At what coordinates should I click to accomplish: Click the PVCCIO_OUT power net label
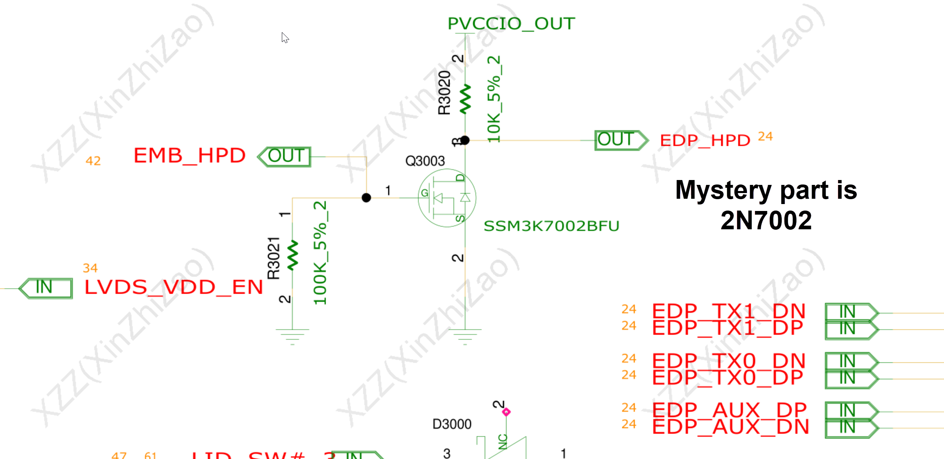[x=511, y=24]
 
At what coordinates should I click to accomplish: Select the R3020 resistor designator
[x=444, y=92]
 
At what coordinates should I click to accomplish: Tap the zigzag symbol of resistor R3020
[x=465, y=99]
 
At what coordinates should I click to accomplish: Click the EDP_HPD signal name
[x=705, y=141]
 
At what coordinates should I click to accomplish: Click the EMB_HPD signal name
[x=189, y=156]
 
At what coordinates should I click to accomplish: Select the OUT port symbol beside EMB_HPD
[x=285, y=157]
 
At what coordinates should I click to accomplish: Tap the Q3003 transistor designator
[x=425, y=161]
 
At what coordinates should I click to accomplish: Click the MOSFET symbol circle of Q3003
[x=447, y=198]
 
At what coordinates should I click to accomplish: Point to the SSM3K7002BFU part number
[x=551, y=226]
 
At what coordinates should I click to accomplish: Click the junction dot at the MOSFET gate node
[x=366, y=198]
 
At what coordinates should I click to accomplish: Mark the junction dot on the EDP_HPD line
[x=465, y=140]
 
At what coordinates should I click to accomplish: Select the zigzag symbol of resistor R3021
[x=292, y=255]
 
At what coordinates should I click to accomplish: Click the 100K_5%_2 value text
[x=320, y=253]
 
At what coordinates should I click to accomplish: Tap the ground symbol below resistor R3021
[x=292, y=336]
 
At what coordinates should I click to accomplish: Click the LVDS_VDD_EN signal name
[x=173, y=287]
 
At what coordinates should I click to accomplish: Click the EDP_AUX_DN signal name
[x=730, y=427]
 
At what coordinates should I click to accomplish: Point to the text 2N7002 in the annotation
[x=766, y=220]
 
